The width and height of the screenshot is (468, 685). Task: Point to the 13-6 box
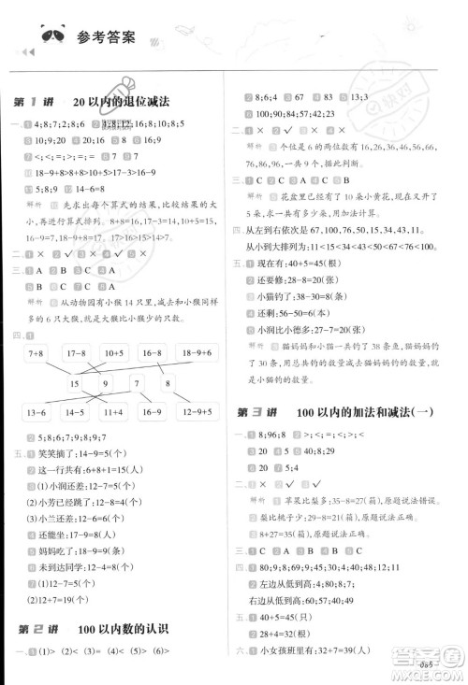coord(39,412)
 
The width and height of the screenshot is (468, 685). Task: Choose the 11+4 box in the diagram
coord(115,412)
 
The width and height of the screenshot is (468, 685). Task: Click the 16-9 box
coord(152,412)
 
